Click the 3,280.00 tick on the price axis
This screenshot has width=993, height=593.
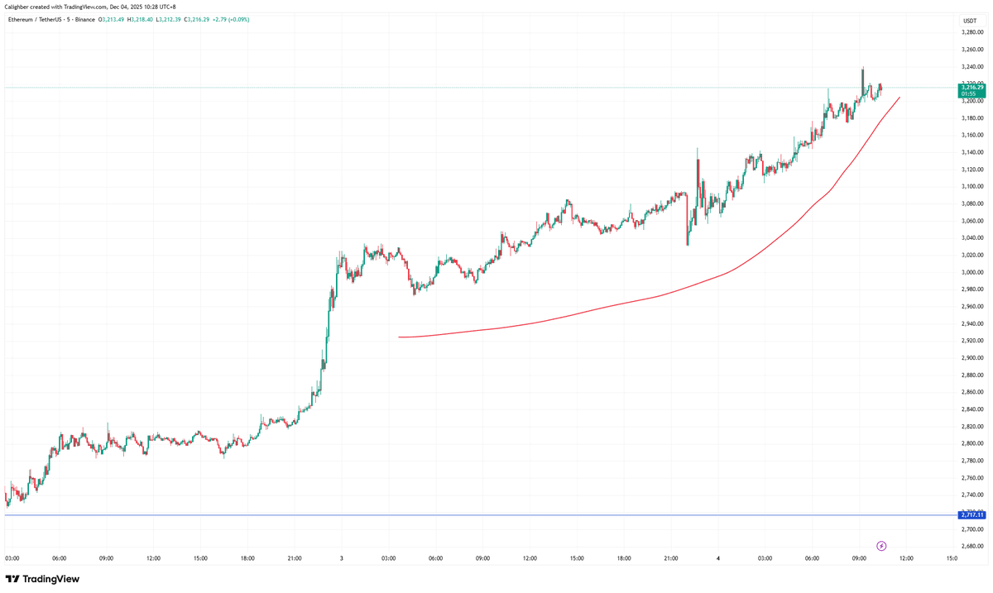coord(971,32)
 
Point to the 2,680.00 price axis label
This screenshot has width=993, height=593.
coord(971,546)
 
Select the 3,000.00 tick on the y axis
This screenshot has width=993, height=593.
coord(971,272)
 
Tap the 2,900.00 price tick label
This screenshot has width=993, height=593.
coord(971,357)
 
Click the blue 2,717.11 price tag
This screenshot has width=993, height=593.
coord(971,514)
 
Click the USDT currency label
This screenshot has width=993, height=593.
coord(970,20)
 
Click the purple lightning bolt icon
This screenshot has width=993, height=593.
coord(881,546)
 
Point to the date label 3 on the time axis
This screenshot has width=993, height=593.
coord(342,558)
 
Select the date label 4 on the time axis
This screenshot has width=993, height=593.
coord(718,558)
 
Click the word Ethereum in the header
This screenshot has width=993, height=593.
coord(22,19)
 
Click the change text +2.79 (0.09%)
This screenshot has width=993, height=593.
coord(238,19)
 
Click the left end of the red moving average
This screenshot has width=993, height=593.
coord(400,337)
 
